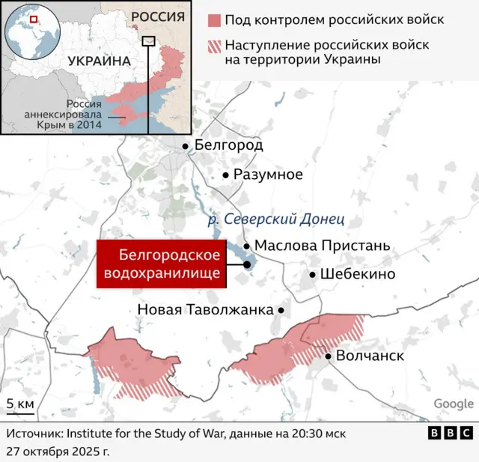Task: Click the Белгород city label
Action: pyautogui.click(x=228, y=145)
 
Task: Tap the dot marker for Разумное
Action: pyautogui.click(x=226, y=175)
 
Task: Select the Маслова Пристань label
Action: pyautogui.click(x=322, y=245)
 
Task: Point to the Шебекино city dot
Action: pyautogui.click(x=312, y=274)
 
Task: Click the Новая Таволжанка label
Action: pyautogui.click(x=206, y=309)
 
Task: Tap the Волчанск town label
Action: pyautogui.click(x=370, y=356)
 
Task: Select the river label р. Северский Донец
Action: pyautogui.click(x=275, y=219)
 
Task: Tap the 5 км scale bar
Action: pyautogui.click(x=20, y=409)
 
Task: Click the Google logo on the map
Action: pyautogui.click(x=454, y=404)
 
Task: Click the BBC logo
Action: pyautogui.click(x=450, y=433)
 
